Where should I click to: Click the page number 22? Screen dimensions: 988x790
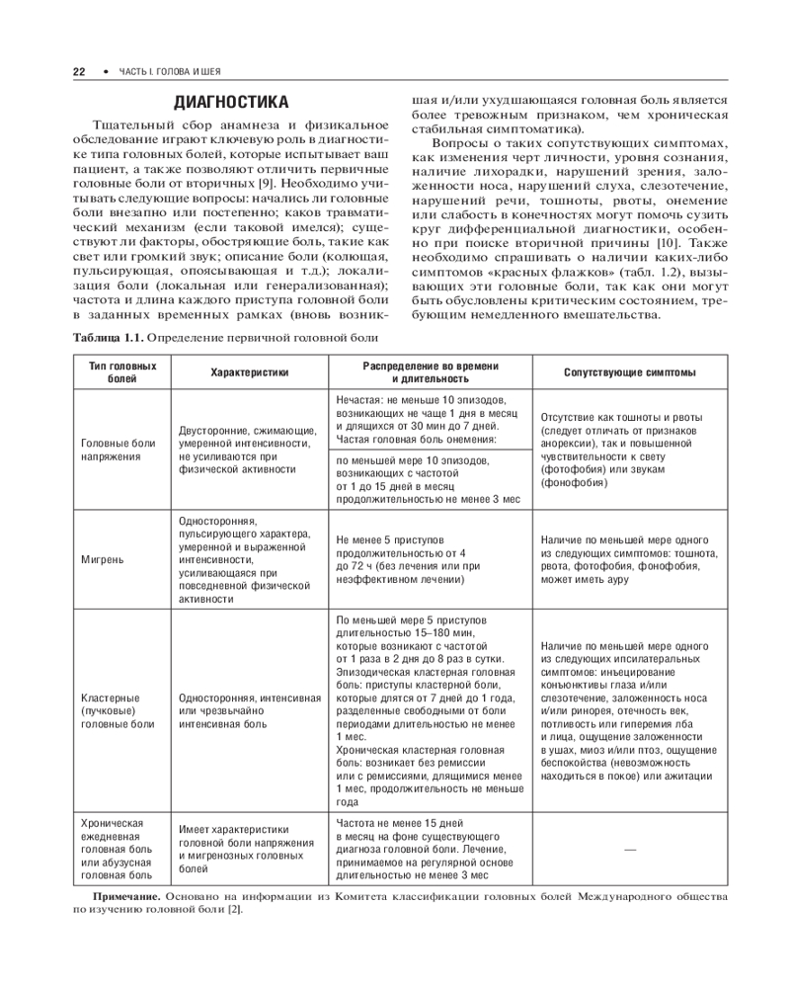pyautogui.click(x=79, y=72)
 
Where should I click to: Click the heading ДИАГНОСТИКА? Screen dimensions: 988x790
pyautogui.click(x=231, y=102)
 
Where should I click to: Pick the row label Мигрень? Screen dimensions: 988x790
pyautogui.click(x=103, y=559)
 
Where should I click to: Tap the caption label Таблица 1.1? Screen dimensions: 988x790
pyautogui.click(x=107, y=339)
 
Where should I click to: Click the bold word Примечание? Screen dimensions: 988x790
pyautogui.click(x=127, y=896)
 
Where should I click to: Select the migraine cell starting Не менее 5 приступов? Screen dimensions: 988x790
pyautogui.click(x=407, y=559)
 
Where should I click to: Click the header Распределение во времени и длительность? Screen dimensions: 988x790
pyautogui.click(x=430, y=372)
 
